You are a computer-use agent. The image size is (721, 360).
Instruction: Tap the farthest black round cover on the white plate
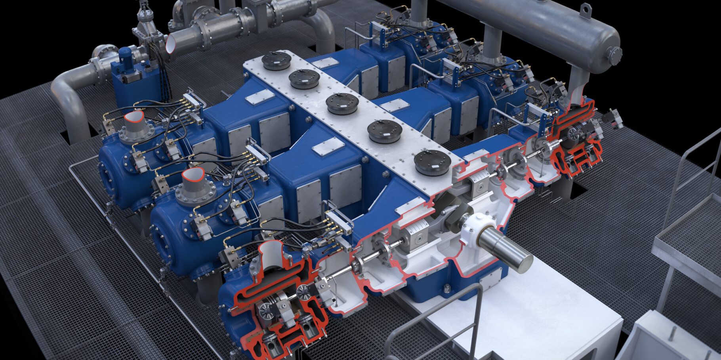(277, 61)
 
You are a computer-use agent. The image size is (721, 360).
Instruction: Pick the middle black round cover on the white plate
(342, 104)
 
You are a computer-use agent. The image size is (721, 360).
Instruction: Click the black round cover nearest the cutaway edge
(433, 162)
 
